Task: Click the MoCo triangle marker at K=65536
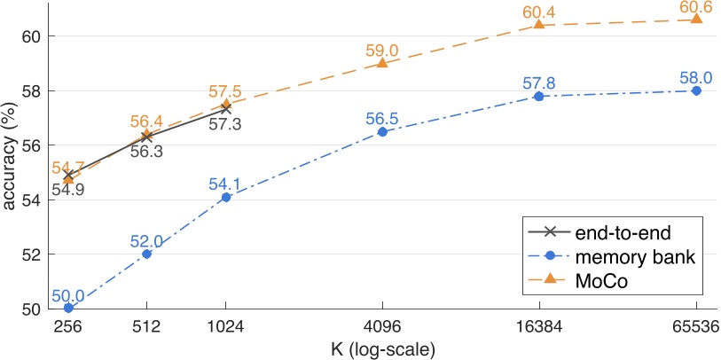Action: coord(696,19)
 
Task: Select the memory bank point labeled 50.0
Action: coord(68,308)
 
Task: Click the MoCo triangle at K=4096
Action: coord(382,63)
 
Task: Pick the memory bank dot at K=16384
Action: coord(538,96)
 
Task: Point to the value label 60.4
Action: coord(539,9)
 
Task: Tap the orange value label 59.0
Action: coord(382,48)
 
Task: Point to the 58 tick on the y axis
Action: coord(30,90)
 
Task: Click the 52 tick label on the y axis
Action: coord(30,254)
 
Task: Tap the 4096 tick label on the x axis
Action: coord(382,326)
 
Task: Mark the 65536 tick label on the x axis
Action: coord(695,326)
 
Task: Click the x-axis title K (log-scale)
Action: coord(382,348)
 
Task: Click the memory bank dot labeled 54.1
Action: coord(225,197)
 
